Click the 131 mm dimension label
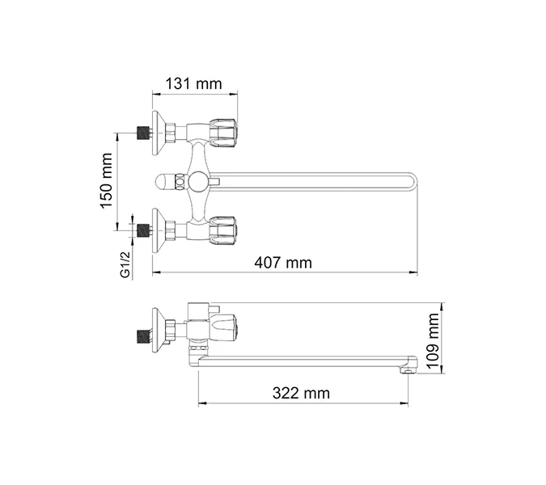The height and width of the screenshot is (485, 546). point(195,82)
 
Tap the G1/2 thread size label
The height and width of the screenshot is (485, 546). point(125,264)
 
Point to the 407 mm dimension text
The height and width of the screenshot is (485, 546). point(283,262)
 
